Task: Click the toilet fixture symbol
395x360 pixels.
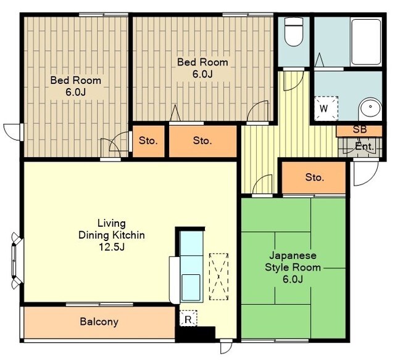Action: (294, 31)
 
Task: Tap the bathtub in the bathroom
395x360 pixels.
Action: (366, 43)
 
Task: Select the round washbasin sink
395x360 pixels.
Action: (370, 108)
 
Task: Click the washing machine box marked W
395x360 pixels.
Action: (326, 108)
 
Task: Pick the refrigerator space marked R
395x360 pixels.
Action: (188, 318)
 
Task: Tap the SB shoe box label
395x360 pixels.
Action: (360, 129)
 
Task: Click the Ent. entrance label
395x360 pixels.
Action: (364, 146)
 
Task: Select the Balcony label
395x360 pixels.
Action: (99, 322)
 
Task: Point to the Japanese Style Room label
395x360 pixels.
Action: (293, 261)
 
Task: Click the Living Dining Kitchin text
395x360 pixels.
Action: (112, 229)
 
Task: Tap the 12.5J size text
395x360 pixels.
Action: (112, 247)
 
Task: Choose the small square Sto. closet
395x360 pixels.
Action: (148, 141)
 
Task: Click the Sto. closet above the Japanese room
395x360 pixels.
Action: (314, 178)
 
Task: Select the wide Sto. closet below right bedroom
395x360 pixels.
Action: (203, 141)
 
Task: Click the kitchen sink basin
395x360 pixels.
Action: (191, 287)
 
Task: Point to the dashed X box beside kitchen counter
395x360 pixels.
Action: (219, 277)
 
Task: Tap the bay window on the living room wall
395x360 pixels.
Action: (17, 261)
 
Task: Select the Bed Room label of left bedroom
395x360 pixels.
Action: (76, 80)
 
